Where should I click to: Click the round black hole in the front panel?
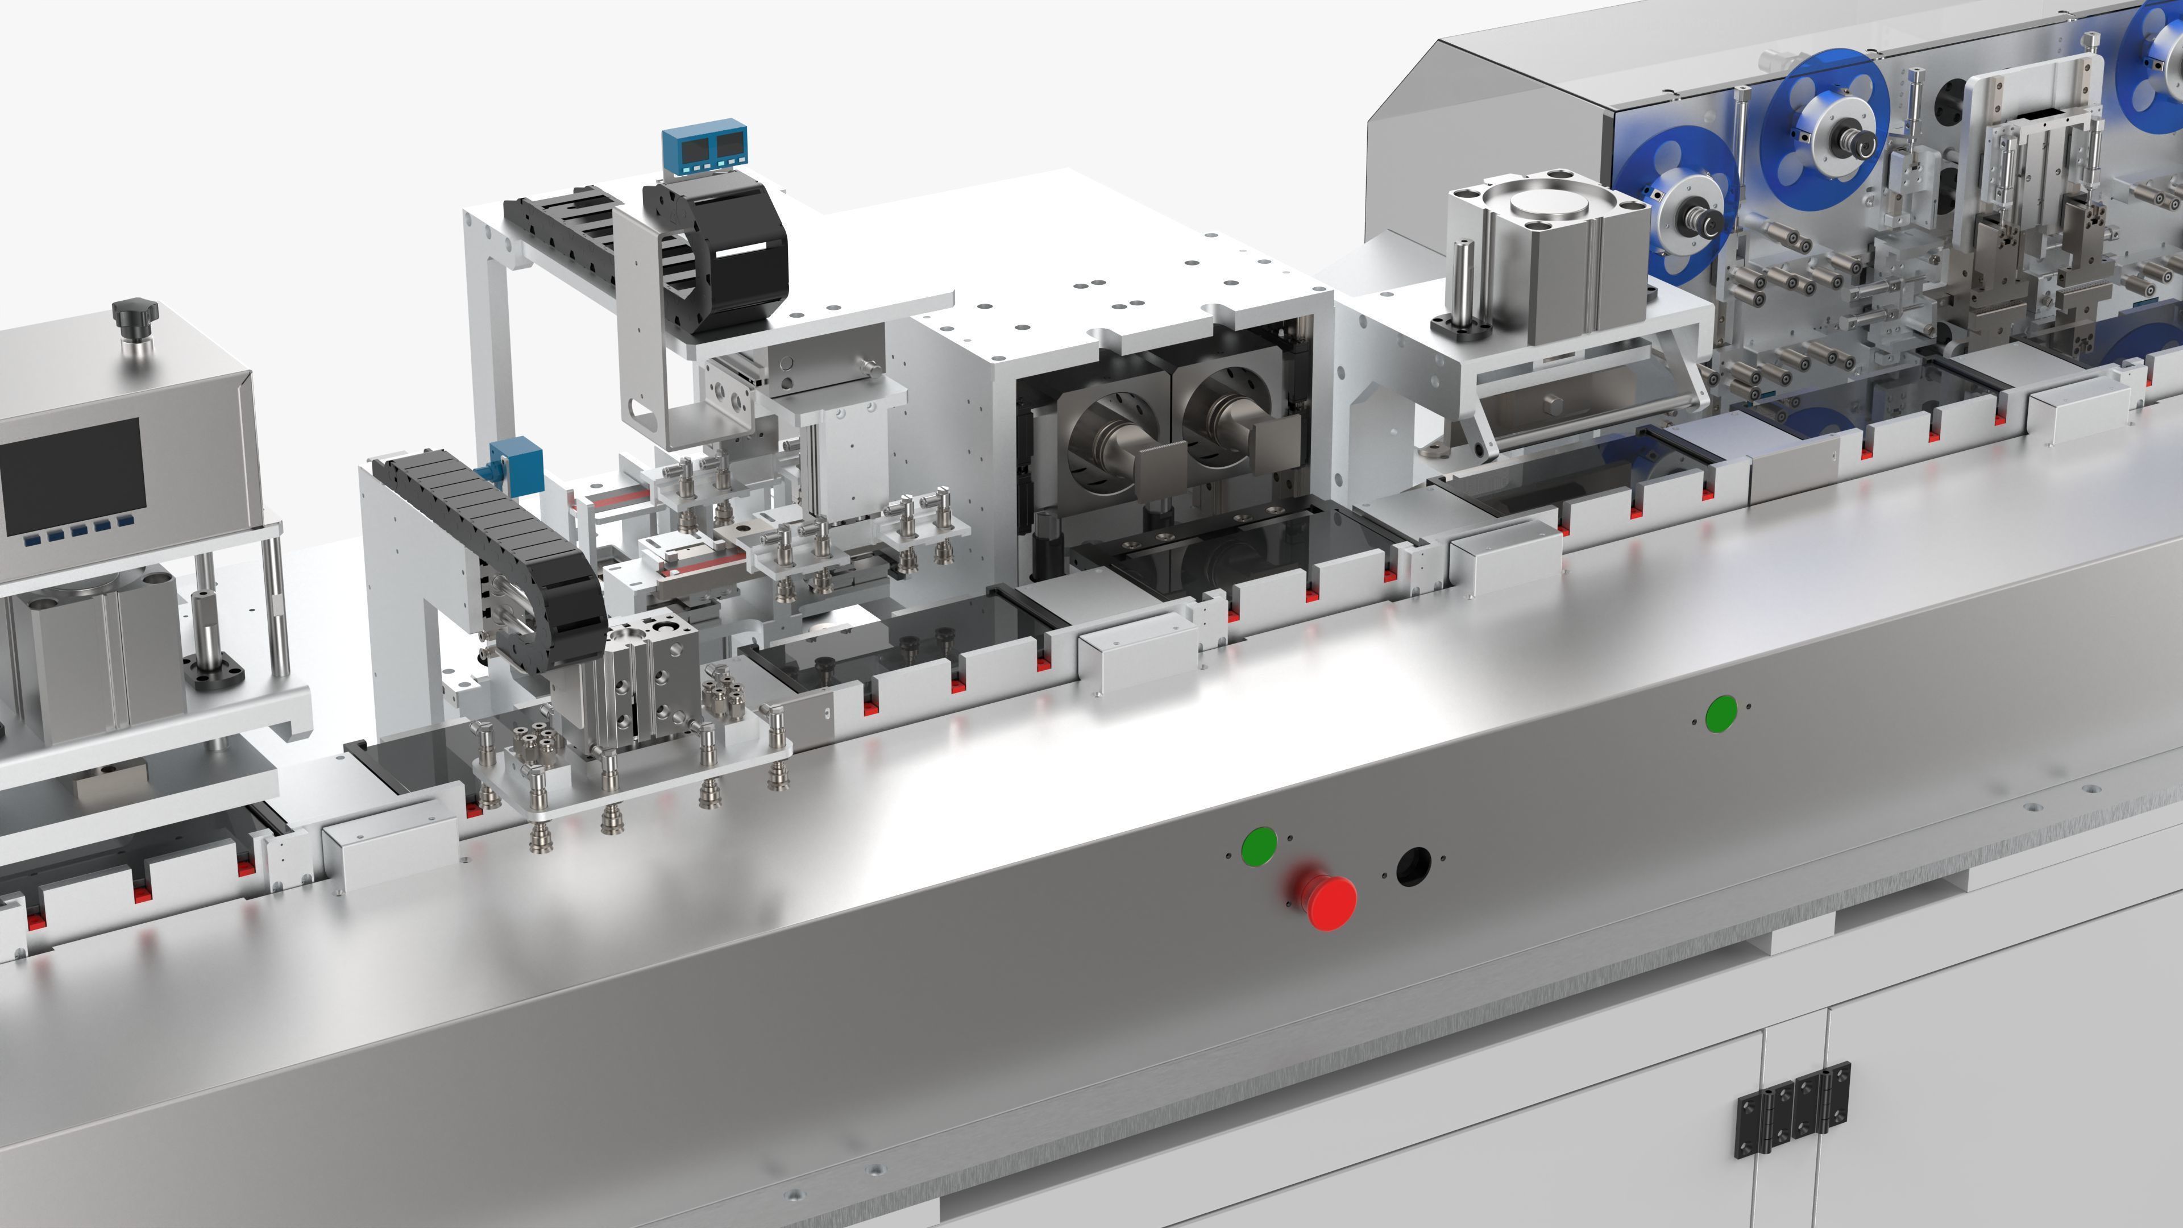pos(1413,866)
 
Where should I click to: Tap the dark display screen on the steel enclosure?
pos(72,475)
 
